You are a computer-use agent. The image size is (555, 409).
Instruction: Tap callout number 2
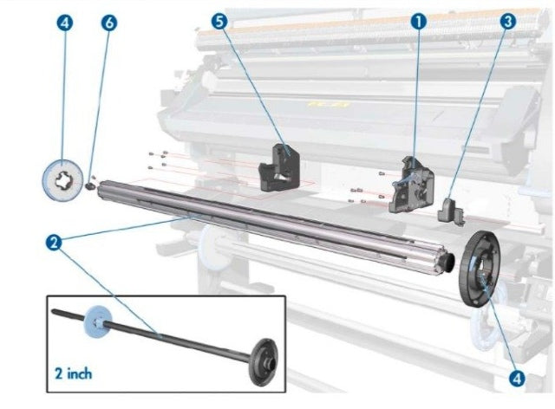(54, 243)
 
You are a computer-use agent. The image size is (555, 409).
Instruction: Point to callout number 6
(108, 22)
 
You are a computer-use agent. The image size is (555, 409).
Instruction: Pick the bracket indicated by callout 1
(411, 183)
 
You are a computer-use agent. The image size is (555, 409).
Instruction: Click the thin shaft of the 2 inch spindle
(173, 338)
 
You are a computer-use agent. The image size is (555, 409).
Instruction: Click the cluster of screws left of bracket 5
(157, 159)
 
